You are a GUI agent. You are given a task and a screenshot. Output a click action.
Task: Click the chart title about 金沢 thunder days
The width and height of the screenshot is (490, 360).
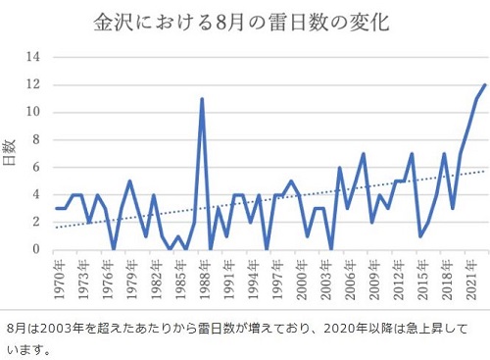pyautogui.click(x=241, y=23)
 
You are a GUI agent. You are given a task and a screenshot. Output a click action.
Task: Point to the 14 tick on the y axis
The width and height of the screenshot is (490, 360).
pyautogui.click(x=33, y=57)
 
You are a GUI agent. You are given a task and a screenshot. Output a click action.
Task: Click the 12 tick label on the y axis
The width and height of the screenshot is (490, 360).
pyautogui.click(x=33, y=84)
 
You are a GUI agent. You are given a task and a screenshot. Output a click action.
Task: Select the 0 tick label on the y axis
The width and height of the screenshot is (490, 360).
pyautogui.click(x=36, y=249)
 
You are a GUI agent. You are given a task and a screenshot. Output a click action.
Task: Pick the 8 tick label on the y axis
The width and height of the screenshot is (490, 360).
pyautogui.click(x=36, y=139)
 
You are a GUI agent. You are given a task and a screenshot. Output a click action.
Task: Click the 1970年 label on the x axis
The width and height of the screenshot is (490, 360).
pyautogui.click(x=60, y=281)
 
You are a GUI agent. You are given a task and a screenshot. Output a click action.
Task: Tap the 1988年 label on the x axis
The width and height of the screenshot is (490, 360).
pyautogui.click(x=205, y=281)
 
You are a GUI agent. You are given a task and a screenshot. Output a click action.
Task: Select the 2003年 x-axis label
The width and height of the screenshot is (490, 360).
pyautogui.click(x=326, y=281)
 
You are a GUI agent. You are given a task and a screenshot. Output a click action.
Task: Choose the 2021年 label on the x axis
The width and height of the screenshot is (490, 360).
pyautogui.click(x=471, y=281)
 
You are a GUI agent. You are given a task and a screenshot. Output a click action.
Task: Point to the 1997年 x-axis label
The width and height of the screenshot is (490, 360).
pyautogui.click(x=278, y=281)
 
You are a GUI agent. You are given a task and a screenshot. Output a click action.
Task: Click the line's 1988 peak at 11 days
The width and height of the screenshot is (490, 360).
pyautogui.click(x=202, y=99)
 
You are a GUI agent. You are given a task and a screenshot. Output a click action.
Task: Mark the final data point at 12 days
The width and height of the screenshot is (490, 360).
pyautogui.click(x=485, y=85)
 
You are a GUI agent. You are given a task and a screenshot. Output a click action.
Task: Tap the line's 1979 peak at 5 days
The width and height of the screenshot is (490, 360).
pyautogui.click(x=129, y=180)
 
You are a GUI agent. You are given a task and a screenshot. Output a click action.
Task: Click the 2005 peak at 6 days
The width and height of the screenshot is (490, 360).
pyautogui.click(x=340, y=168)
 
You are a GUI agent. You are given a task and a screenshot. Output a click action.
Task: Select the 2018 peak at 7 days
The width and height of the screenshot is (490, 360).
pyautogui.click(x=444, y=154)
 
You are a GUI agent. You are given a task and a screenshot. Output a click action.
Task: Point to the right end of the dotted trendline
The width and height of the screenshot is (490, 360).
pyautogui.click(x=485, y=171)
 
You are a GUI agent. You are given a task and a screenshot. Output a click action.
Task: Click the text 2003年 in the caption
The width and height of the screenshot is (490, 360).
pyautogui.click(x=61, y=329)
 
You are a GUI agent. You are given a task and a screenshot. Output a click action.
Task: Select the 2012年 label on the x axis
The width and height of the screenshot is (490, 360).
pyautogui.click(x=399, y=281)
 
